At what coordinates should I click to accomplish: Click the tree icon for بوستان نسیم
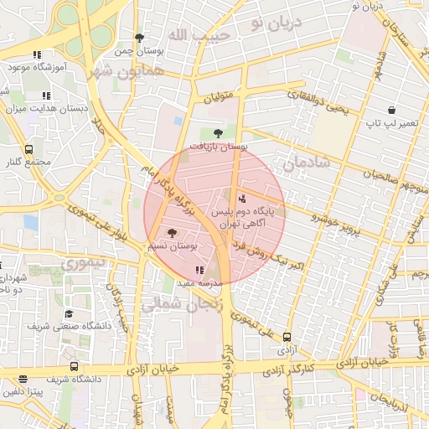173,233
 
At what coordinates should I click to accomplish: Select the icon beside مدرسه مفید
199,270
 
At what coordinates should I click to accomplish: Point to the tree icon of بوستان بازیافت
219,132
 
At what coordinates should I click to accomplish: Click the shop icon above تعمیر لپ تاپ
391,110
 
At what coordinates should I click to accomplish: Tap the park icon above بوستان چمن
139,38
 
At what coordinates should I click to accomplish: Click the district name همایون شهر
126,69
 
